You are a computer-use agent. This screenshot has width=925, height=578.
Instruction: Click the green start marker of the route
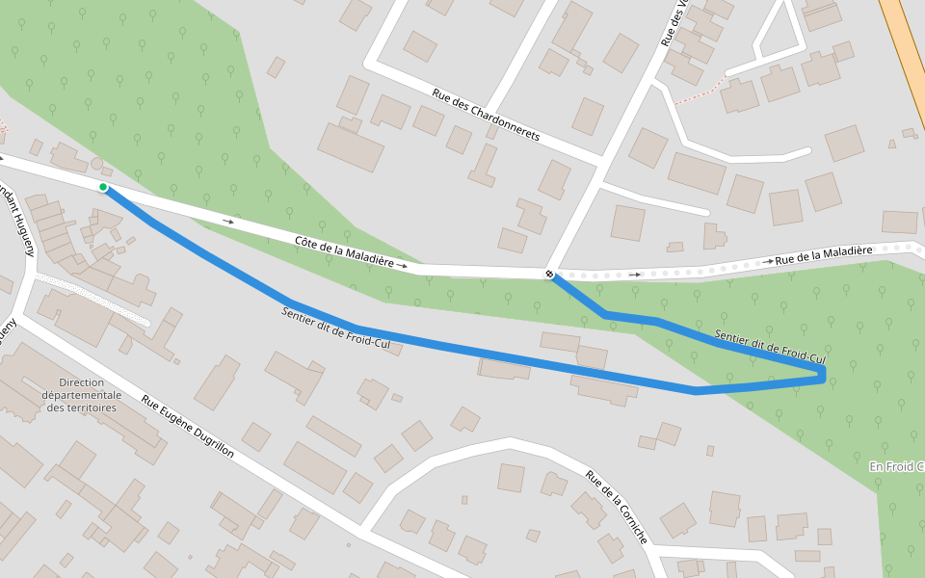pyautogui.click(x=102, y=187)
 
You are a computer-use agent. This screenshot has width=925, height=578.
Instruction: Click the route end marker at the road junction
pyautogui.click(x=549, y=275)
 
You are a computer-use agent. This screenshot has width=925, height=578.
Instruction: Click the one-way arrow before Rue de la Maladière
pyautogui.click(x=768, y=261)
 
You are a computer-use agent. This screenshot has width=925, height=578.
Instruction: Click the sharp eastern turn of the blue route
pyautogui.click(x=822, y=375)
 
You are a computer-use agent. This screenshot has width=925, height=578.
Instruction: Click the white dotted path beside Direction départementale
pyautogui.click(x=92, y=299)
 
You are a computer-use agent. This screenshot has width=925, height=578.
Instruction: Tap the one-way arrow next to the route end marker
pyautogui.click(x=634, y=275)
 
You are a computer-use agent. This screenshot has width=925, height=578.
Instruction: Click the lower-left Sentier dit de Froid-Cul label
pyautogui.click(x=341, y=330)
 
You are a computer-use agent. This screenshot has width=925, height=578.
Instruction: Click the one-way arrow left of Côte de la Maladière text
pyautogui.click(x=227, y=222)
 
